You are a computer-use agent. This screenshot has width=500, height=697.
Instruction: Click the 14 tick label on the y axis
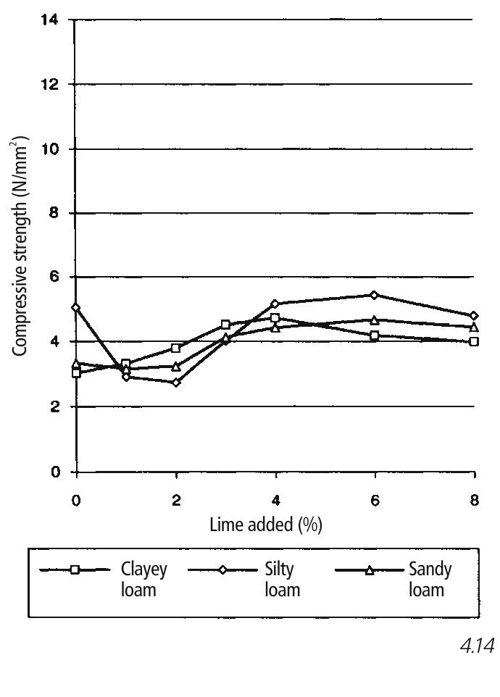click(50, 20)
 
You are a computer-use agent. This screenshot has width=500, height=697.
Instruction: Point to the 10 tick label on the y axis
click(50, 149)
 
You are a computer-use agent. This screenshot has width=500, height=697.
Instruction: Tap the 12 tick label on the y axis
click(50, 84)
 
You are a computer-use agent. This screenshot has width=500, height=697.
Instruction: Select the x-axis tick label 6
click(375, 501)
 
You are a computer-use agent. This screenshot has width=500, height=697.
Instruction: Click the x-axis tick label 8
click(475, 501)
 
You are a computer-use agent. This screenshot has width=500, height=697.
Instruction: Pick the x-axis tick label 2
click(176, 501)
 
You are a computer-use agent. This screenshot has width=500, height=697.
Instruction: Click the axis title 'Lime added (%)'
click(266, 525)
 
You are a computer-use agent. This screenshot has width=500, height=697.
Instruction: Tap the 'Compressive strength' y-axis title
click(19, 246)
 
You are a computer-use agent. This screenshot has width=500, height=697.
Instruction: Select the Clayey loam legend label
click(144, 580)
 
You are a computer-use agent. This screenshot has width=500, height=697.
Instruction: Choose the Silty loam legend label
click(282, 580)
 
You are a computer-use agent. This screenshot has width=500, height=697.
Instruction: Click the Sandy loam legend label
click(430, 580)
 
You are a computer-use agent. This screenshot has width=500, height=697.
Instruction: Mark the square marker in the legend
click(75, 570)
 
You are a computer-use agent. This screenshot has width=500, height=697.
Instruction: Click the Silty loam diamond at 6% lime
click(374, 295)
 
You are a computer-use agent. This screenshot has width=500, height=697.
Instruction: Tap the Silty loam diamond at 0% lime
click(75, 307)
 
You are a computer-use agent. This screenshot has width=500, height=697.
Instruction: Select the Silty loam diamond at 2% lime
click(176, 383)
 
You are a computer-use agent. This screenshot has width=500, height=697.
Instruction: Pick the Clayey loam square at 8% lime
click(474, 341)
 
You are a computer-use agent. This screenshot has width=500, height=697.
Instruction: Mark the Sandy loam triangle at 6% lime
click(374, 320)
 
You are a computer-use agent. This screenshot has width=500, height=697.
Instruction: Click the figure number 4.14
click(478, 646)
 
